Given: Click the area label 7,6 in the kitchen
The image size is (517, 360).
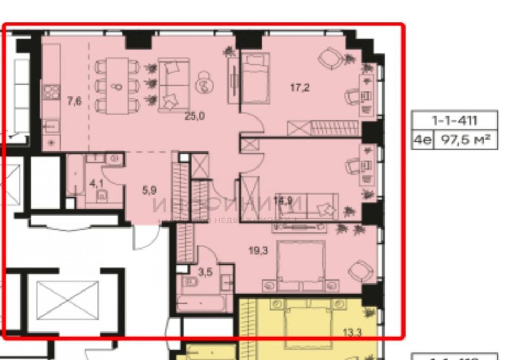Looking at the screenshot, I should [74, 100].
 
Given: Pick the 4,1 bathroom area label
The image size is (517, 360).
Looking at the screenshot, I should [96, 183].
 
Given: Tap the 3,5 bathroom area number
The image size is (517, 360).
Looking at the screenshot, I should [206, 272].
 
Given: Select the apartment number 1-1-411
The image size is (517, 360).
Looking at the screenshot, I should [454, 120].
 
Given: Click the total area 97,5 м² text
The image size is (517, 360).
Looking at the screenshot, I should [465, 140].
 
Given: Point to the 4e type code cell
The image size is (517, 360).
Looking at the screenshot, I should [422, 140].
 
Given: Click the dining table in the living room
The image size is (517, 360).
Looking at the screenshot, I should [118, 85].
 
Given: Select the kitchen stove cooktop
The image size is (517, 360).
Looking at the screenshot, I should [52, 93].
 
